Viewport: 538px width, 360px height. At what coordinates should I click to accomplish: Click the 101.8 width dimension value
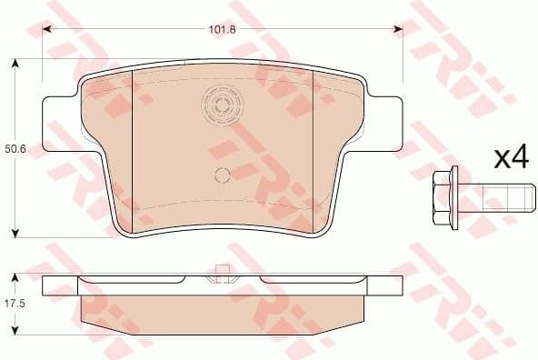coord(223,28)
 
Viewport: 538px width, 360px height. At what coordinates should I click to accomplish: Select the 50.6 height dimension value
coord(15,147)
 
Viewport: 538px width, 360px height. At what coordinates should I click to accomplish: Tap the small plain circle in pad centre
coord(222,176)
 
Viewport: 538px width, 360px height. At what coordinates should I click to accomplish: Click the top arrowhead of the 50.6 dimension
coord(15,64)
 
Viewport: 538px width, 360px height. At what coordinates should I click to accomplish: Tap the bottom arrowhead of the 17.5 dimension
coord(15,326)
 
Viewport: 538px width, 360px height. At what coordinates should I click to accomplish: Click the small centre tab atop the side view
coord(219,268)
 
